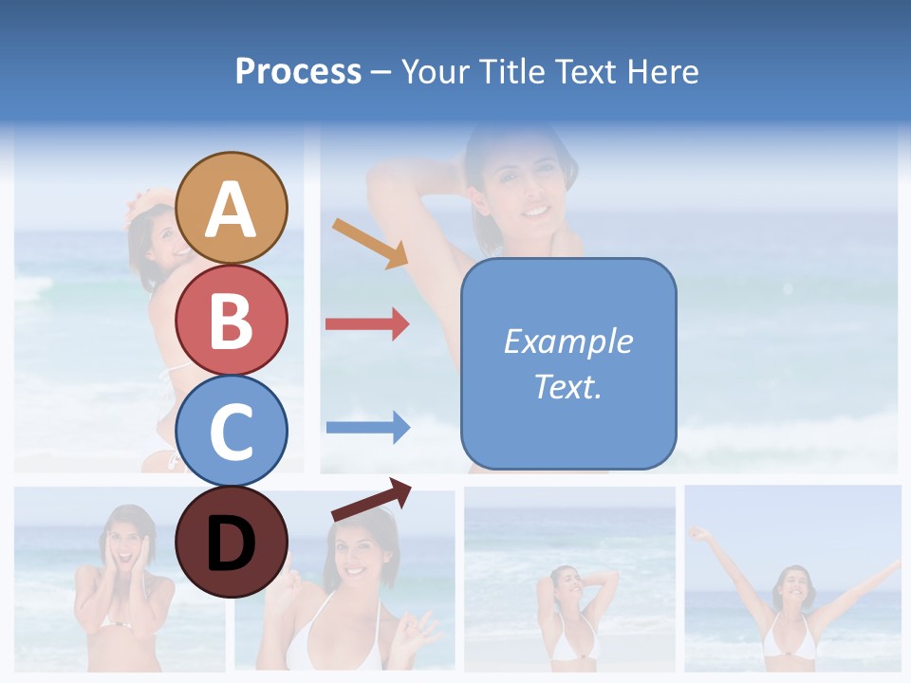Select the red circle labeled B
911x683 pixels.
point(232,320)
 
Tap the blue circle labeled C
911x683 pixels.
point(232,432)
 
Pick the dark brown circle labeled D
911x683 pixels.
point(232,542)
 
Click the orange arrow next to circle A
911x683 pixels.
point(370,243)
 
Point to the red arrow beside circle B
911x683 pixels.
point(367,324)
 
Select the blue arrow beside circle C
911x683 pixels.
point(368,427)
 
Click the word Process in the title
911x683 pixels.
point(298,71)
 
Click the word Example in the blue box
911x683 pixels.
point(567,341)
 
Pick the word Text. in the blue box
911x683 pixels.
point(567,387)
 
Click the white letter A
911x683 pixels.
point(232,211)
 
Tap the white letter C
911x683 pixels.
point(232,433)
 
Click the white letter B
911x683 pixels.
point(232,321)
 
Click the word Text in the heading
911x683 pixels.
point(585,71)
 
